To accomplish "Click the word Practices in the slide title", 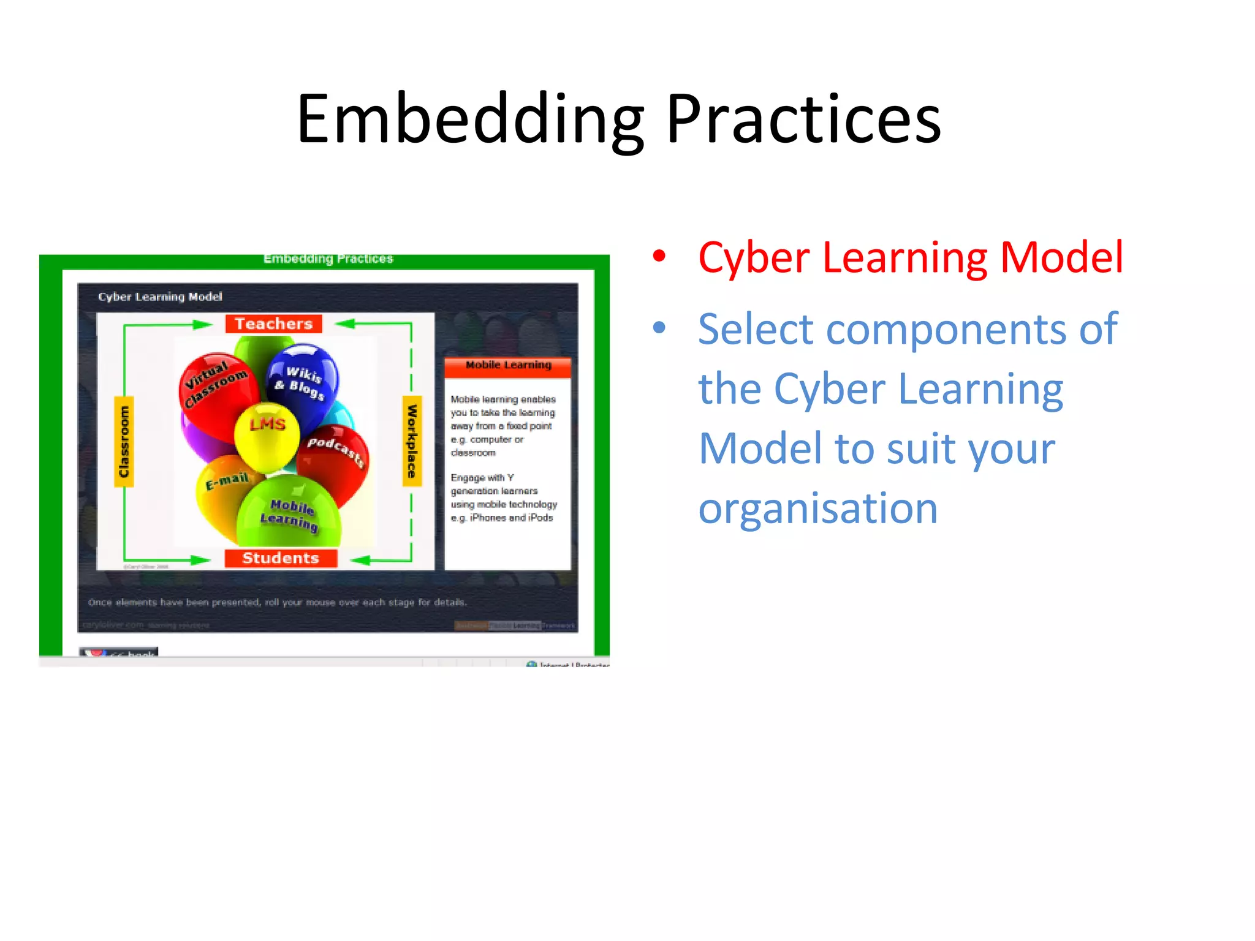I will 803,119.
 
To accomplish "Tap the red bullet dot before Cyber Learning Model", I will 659,256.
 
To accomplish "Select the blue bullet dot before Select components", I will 659,328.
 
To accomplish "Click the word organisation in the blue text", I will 817,508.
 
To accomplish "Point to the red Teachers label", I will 273,323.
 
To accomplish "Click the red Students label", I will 281,558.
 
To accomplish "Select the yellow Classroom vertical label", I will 124,441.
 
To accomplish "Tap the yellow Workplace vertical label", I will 412,441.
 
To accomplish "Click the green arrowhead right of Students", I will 360,559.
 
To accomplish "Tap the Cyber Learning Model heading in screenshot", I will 160,297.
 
